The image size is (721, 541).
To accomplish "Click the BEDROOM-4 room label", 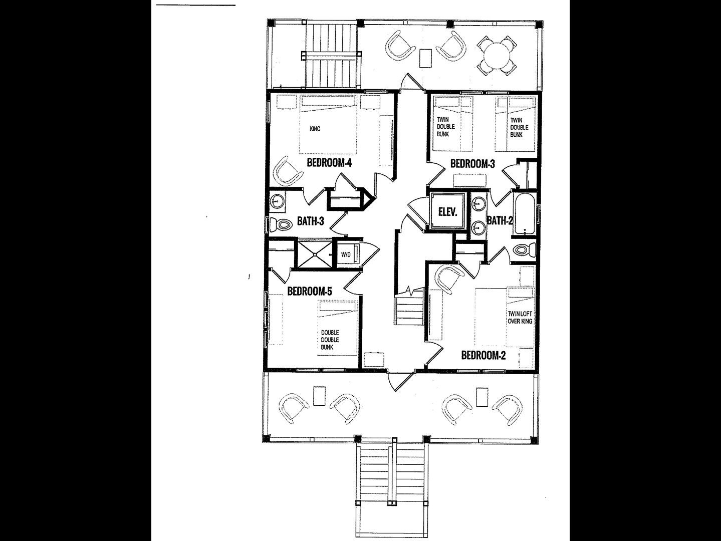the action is (x=329, y=163).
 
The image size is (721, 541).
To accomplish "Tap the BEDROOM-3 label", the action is (x=472, y=163).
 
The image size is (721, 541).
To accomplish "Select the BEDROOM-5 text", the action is (x=310, y=291).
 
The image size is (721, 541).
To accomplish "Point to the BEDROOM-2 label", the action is (x=484, y=355).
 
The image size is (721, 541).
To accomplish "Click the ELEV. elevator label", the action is (x=448, y=212).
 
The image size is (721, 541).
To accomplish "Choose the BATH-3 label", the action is (x=311, y=221).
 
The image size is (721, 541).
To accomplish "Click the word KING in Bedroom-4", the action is (x=315, y=129).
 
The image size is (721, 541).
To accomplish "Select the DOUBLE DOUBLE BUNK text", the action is (x=330, y=340).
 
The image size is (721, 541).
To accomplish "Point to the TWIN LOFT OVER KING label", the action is (x=520, y=318).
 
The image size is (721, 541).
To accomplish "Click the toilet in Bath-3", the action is (x=281, y=225).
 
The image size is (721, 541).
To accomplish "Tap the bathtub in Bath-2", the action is (x=525, y=214).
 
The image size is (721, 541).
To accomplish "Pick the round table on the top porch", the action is (x=497, y=56).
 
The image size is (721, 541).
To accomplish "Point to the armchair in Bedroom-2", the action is (x=449, y=279).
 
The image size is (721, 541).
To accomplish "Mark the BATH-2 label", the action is (x=499, y=220).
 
